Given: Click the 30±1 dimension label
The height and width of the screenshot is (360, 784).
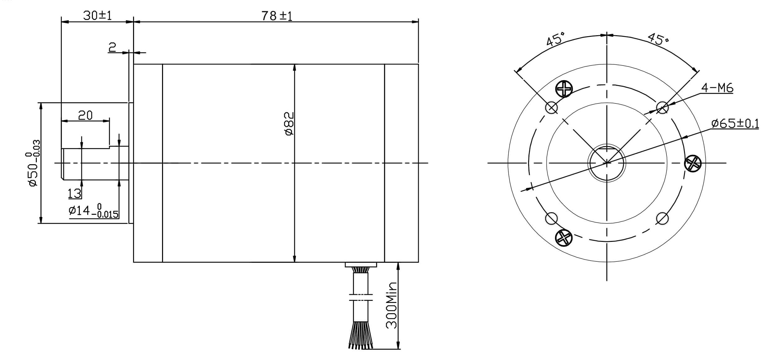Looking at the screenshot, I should point(97,16).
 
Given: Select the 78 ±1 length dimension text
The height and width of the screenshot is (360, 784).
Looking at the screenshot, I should point(277,16).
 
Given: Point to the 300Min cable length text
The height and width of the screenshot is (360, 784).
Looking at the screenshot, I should point(392,305).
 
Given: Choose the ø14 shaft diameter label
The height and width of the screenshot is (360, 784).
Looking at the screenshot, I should point(93,211).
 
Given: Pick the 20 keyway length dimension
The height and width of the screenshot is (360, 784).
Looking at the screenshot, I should point(85,116).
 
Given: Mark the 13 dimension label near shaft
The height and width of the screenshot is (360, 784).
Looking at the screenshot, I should point(74,194).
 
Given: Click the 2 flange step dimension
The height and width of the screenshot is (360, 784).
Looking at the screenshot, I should point(112,47).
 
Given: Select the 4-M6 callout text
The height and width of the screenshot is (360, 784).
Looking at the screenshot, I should point(717,88).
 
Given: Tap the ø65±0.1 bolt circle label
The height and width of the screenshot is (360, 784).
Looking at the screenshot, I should point(735,123).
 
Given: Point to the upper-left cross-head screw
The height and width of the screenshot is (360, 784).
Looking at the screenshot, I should point(564,89).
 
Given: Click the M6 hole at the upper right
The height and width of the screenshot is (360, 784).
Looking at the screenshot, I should point(662,108).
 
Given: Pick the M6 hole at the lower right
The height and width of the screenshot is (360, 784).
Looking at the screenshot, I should point(662,218).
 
